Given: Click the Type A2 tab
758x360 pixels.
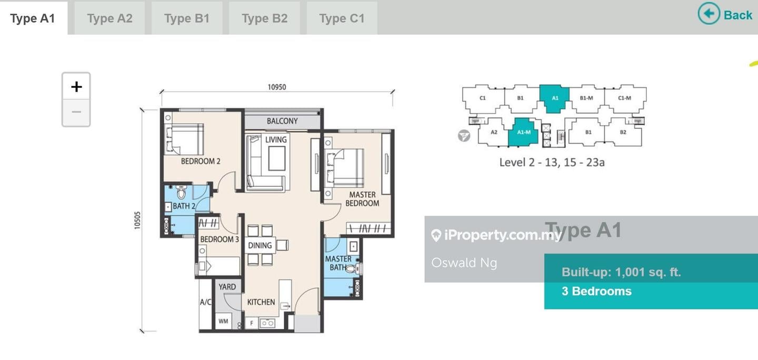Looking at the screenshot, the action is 109,18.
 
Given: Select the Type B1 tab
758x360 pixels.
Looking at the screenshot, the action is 187,18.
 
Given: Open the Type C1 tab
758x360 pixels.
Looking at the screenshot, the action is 342,18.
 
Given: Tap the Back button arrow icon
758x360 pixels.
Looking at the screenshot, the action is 709,14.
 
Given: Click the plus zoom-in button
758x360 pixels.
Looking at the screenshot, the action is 76,87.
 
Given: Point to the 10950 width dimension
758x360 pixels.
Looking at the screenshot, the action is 277,87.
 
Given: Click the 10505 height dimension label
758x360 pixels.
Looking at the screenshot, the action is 137,220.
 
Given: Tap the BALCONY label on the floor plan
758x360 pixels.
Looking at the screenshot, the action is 282,121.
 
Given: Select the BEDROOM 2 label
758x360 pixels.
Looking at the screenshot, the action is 201,161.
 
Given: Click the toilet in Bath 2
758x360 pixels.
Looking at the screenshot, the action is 181,192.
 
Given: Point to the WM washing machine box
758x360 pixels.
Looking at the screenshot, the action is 223,321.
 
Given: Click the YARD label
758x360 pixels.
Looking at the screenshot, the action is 227,287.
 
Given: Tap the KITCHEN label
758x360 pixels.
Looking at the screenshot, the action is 261,302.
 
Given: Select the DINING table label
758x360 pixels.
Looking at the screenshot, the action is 260,245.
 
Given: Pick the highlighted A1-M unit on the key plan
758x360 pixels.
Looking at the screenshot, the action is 523,132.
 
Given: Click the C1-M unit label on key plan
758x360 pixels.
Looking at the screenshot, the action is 625,98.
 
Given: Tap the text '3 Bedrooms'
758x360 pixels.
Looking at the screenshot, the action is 596,292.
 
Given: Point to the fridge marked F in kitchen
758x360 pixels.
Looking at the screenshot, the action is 252,323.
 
